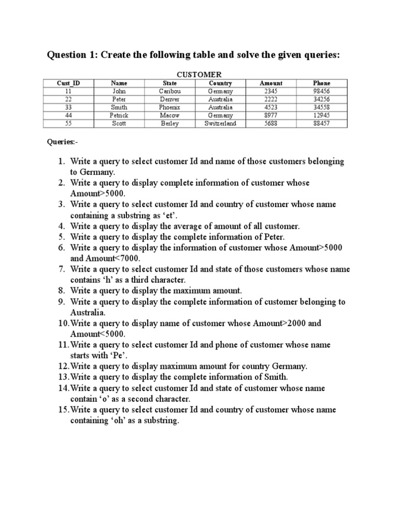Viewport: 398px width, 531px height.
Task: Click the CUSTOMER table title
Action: (199, 75)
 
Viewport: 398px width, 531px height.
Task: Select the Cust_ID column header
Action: (68, 83)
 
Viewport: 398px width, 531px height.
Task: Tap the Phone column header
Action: (321, 83)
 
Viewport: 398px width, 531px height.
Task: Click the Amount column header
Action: (271, 83)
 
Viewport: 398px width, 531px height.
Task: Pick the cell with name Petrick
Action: (119, 115)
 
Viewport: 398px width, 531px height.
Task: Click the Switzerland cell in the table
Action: (220, 123)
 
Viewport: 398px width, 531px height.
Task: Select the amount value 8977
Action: (271, 115)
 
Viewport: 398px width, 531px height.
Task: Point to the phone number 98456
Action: (321, 91)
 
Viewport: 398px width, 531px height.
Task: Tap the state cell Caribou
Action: (169, 91)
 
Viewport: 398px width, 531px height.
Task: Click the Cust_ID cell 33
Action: (68, 107)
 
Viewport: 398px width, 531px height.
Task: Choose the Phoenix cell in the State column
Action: (169, 107)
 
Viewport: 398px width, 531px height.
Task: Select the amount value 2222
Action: (271, 99)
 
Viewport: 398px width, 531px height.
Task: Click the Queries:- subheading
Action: (63, 142)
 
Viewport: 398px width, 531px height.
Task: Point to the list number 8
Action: (61, 290)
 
